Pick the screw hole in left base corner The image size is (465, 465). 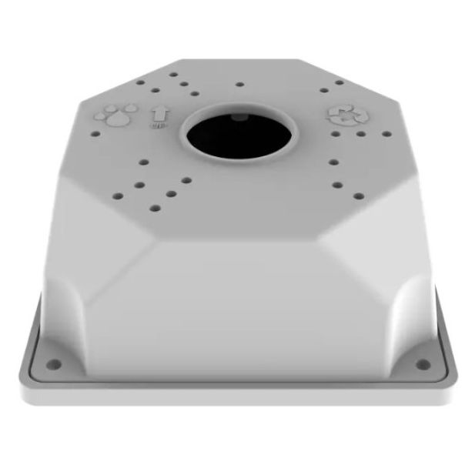53,363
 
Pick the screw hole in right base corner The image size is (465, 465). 421,363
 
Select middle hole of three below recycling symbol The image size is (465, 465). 360,134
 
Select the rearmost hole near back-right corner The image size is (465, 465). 339,82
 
